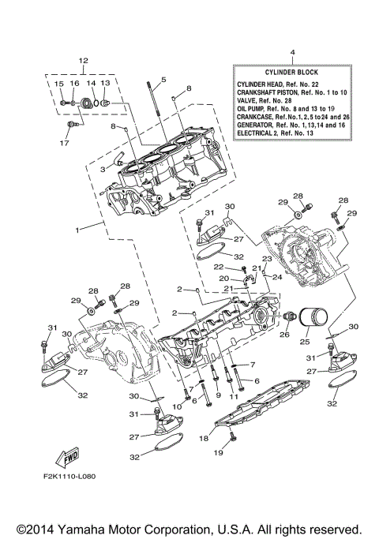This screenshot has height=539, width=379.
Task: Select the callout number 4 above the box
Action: point(293,53)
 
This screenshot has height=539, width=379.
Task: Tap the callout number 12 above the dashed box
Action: point(84,61)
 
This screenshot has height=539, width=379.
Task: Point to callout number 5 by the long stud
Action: point(163,80)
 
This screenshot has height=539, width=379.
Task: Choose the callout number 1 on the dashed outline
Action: point(78,230)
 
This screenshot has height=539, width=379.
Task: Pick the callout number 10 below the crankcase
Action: point(178,406)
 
